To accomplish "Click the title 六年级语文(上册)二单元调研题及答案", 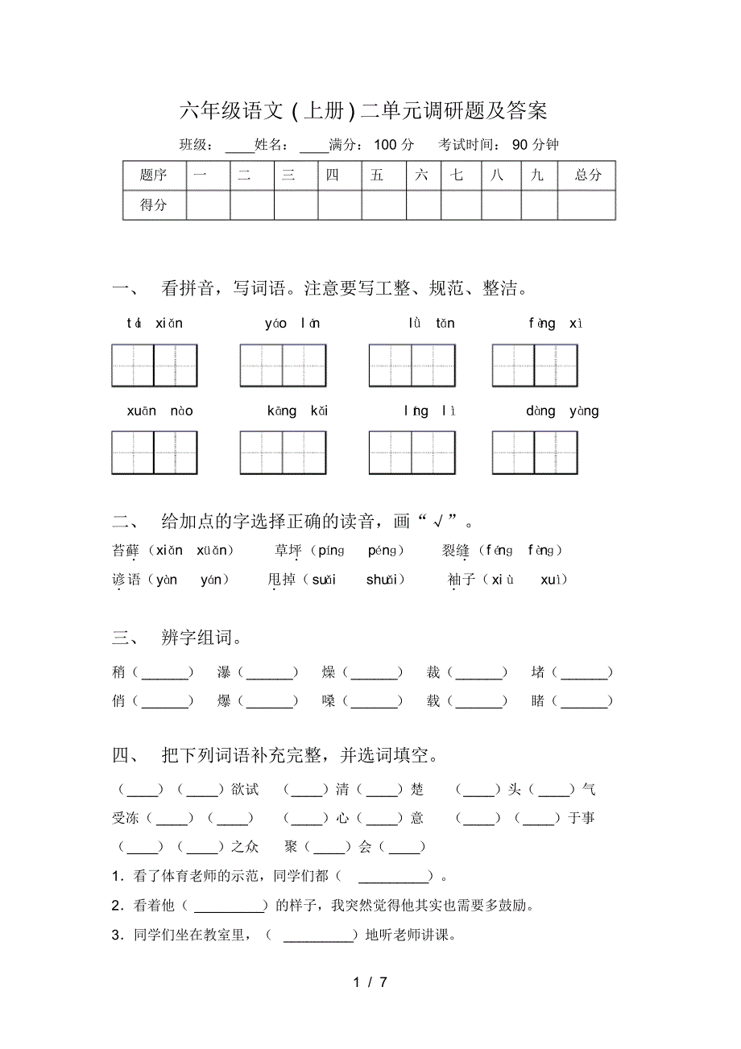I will (x=363, y=110).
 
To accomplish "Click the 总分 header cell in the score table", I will (x=587, y=175).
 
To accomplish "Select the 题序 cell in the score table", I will (x=153, y=175).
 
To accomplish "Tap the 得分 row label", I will (x=153, y=204).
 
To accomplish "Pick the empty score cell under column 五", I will (x=383, y=204).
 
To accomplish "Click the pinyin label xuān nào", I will (x=159, y=411).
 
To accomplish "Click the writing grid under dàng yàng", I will (x=535, y=452).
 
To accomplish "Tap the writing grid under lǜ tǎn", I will (x=412, y=365).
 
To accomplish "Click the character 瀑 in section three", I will (x=224, y=672).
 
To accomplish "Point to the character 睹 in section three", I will (x=538, y=701).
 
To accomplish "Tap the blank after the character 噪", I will (x=375, y=701).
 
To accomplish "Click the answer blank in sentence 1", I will (x=393, y=877).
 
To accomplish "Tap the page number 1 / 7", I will (x=370, y=982).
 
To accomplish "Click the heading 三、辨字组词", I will (x=177, y=638).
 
